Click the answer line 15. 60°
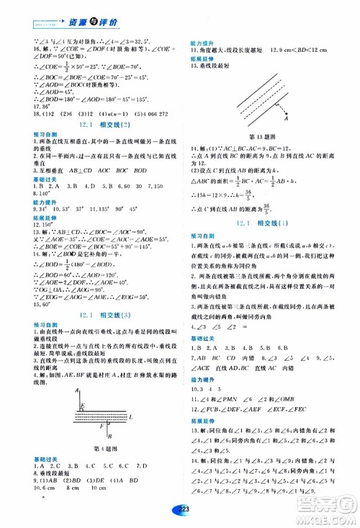pyautogui.click(x=25, y=304)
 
